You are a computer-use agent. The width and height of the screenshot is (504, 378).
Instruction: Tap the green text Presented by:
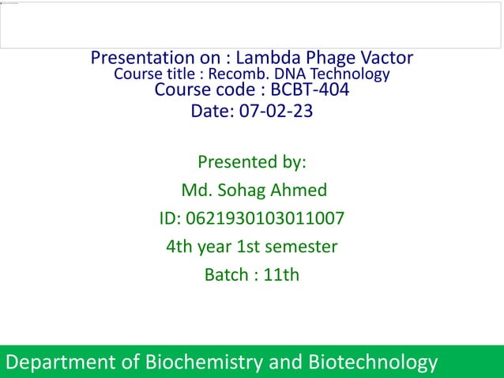tap(251, 163)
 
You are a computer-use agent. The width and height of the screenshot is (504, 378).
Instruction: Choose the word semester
tap(301, 247)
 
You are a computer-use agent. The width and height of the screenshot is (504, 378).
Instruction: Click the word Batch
tap(226, 275)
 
